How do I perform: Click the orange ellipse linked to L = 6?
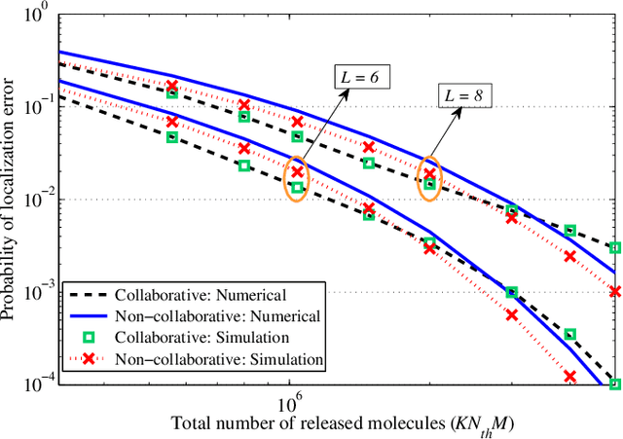coord(298,180)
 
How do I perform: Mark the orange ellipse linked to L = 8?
coord(429,178)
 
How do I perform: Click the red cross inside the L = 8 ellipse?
coord(429,174)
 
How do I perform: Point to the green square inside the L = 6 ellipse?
coord(298,188)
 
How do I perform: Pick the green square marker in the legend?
coord(90,338)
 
